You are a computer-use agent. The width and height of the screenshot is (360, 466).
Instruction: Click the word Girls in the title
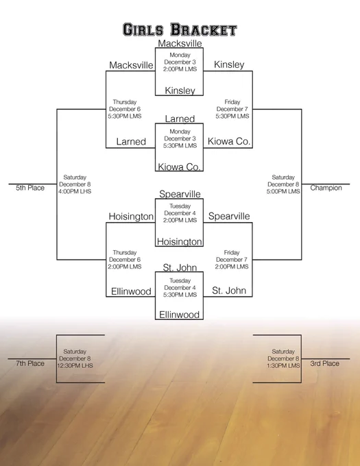point(143,30)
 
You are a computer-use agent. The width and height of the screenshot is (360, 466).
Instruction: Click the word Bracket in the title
point(204,29)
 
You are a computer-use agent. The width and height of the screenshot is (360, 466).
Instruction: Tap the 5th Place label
point(30,188)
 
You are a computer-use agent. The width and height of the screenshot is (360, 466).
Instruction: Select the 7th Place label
point(30,363)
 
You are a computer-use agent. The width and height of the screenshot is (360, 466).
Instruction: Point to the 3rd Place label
point(324,363)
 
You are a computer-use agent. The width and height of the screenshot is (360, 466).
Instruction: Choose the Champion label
point(326,188)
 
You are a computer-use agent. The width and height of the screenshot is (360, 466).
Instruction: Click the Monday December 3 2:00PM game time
point(180,62)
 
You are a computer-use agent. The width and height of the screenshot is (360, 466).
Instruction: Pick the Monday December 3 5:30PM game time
point(180,138)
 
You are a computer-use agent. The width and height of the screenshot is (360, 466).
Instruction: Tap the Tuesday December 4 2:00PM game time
point(180,213)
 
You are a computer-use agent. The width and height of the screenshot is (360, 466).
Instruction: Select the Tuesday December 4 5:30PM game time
point(180,288)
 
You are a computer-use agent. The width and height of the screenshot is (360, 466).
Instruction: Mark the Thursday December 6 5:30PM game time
point(125,109)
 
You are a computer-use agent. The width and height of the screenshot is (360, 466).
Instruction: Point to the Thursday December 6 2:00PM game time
point(125,260)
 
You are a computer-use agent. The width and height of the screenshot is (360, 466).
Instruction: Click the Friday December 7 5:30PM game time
point(232,109)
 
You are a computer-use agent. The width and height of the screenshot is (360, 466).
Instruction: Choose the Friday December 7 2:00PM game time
point(232,260)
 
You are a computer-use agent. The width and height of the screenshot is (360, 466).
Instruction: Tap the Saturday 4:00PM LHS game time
point(75,184)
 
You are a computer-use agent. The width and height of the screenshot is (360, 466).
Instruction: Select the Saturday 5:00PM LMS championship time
point(283,184)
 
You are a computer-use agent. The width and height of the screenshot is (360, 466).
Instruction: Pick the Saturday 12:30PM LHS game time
point(75,358)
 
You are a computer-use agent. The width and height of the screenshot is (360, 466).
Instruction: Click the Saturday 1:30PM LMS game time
point(283,358)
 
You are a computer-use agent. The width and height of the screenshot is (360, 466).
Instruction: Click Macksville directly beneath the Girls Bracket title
point(180,43)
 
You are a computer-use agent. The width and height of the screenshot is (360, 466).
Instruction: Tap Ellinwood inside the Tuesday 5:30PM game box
point(179,315)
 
